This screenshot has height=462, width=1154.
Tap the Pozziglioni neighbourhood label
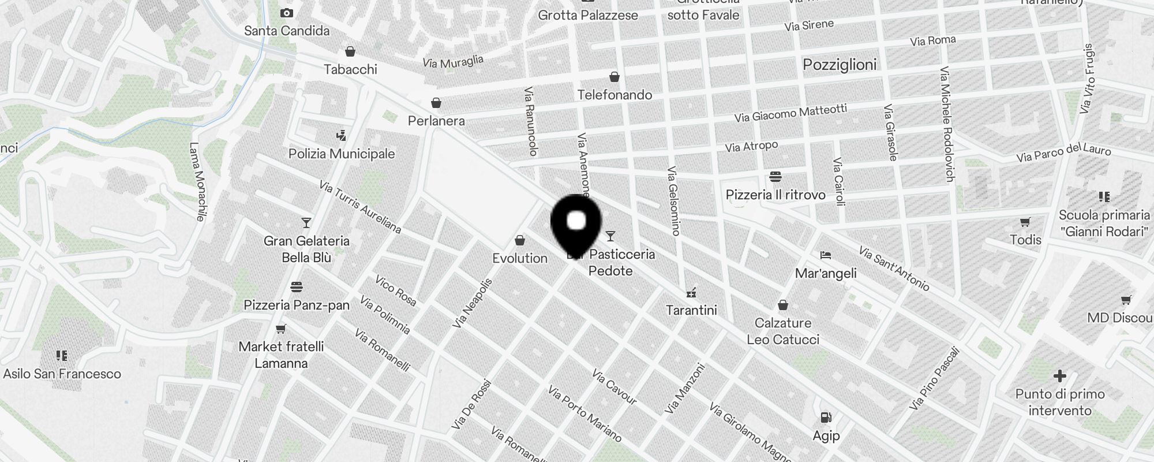(x=840, y=65)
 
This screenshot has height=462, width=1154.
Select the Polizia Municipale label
(x=342, y=154)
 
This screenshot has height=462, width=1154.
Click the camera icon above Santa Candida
(x=286, y=13)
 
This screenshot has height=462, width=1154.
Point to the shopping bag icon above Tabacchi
(x=350, y=51)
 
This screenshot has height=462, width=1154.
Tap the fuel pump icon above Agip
(x=826, y=417)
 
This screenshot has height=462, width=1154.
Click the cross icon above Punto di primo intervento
(x=1059, y=376)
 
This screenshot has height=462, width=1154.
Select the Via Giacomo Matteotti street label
(x=790, y=113)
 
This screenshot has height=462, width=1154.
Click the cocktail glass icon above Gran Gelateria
(x=306, y=223)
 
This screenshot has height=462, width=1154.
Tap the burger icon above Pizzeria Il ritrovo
(x=775, y=176)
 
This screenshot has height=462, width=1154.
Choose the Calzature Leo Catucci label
(x=783, y=331)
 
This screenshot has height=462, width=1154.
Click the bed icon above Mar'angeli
(x=826, y=255)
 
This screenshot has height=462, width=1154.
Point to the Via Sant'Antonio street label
(x=894, y=269)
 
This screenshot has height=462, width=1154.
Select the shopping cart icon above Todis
(x=1025, y=222)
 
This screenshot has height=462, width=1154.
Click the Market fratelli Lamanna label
(x=281, y=355)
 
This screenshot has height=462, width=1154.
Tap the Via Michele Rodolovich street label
(x=946, y=124)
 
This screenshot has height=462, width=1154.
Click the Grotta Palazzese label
(x=588, y=15)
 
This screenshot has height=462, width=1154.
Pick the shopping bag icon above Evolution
(x=520, y=240)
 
